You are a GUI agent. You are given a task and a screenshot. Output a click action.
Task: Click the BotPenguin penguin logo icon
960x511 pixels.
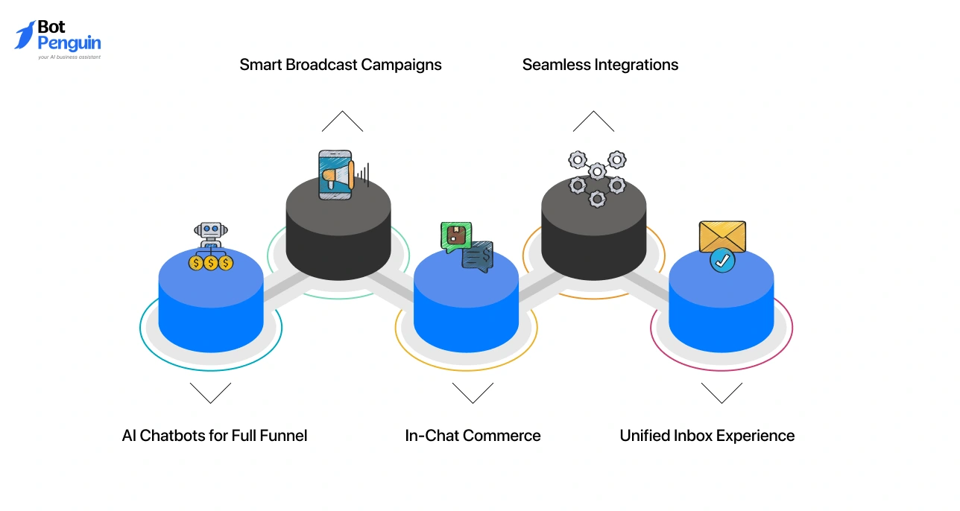25,35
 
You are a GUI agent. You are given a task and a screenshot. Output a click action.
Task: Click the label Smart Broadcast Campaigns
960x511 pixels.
341,65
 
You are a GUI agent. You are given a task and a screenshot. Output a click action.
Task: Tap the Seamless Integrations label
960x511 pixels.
600,65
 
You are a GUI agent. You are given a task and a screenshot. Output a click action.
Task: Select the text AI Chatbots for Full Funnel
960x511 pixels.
215,436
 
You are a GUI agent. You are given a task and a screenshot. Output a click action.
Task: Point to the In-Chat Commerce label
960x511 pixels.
473,436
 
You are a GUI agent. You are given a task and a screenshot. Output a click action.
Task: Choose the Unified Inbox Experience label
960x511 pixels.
707,436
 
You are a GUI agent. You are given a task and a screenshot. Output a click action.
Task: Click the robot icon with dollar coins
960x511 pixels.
211,247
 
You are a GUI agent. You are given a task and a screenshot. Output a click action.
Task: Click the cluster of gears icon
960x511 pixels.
596,177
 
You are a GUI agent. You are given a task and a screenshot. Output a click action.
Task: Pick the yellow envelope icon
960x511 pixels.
722,237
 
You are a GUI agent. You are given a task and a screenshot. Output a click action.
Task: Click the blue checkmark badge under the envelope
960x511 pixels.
721,261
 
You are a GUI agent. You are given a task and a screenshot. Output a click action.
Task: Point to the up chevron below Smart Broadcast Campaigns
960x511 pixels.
342,121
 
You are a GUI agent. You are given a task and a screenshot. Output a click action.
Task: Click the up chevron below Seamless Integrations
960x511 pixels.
593,121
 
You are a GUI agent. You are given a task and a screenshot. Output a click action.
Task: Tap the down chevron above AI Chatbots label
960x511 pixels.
210,393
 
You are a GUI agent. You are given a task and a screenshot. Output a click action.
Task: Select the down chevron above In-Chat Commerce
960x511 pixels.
473,393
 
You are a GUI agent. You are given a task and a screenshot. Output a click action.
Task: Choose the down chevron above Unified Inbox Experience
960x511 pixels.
721,393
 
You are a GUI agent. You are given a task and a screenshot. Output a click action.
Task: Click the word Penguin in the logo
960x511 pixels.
69,43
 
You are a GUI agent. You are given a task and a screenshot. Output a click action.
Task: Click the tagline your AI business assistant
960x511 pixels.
69,57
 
